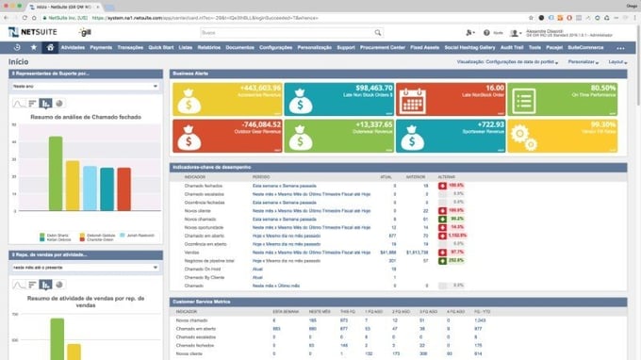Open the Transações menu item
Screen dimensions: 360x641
point(130,47)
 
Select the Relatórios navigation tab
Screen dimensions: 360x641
point(208,47)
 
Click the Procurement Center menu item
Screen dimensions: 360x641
point(384,47)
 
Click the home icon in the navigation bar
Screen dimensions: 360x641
point(49,47)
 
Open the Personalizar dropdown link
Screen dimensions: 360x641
point(583,61)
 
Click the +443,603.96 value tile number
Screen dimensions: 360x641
point(255,87)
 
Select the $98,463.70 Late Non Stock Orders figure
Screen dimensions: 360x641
point(368,87)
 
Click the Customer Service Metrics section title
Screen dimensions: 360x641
point(200,301)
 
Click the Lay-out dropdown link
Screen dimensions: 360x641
point(616,61)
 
